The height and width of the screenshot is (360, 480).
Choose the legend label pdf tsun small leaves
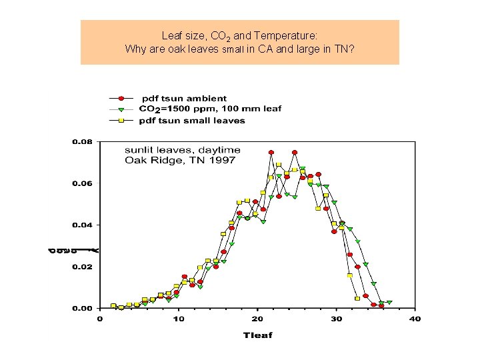[x=192, y=121]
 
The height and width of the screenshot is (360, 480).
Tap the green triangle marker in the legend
[x=122, y=109]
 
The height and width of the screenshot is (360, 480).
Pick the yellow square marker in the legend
[x=122, y=121]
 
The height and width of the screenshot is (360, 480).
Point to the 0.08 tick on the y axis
[x=83, y=142]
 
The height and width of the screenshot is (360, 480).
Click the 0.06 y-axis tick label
[x=83, y=183]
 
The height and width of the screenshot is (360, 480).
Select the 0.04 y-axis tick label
[x=83, y=225]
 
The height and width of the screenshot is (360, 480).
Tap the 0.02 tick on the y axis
[x=83, y=267]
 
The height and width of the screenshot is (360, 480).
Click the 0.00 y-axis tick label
[x=83, y=309]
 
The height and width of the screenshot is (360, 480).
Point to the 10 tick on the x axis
[x=179, y=319]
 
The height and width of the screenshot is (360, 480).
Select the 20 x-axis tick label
[x=257, y=319]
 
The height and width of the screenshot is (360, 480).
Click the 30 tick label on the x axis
[x=336, y=319]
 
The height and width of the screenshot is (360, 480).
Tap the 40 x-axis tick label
[x=415, y=319]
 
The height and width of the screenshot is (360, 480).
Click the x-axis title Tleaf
[x=257, y=334]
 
